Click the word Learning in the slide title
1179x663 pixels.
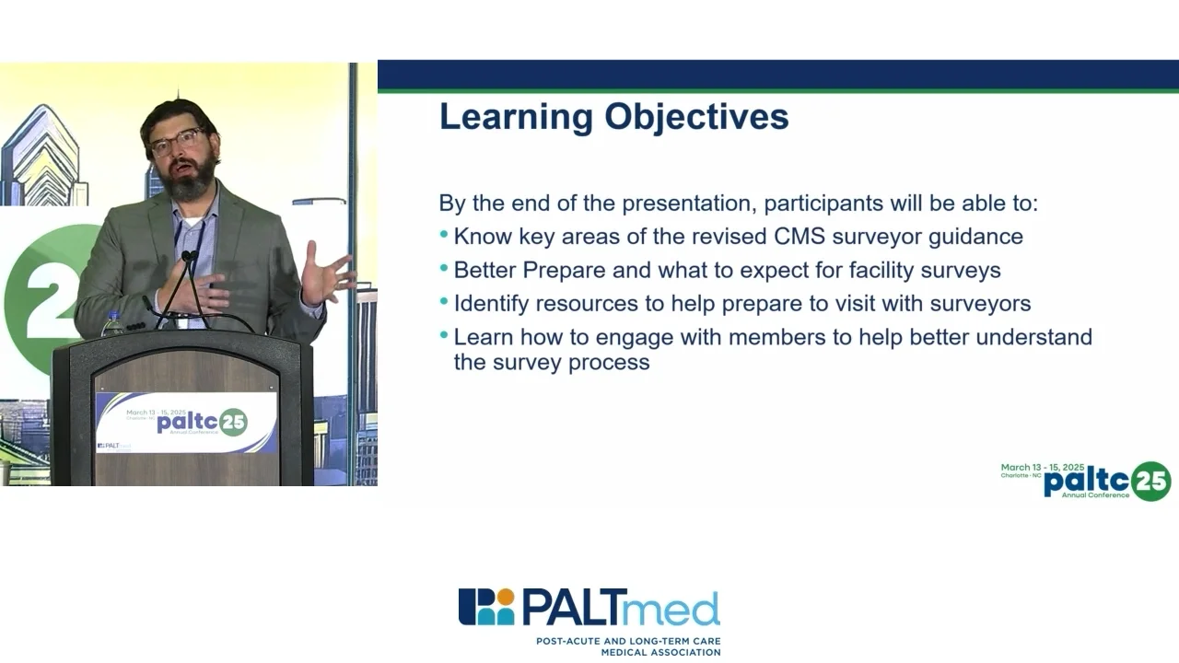(x=517, y=117)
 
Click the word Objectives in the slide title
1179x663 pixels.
(x=696, y=116)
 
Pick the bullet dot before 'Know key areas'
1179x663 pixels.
(x=444, y=235)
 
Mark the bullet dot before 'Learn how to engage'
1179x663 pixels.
(x=444, y=334)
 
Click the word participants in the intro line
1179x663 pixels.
(x=823, y=204)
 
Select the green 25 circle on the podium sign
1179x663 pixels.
(x=233, y=423)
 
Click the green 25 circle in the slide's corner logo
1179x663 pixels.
(x=1151, y=482)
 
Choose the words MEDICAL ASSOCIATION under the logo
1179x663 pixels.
(x=661, y=653)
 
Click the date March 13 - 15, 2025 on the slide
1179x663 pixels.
(x=1043, y=467)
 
